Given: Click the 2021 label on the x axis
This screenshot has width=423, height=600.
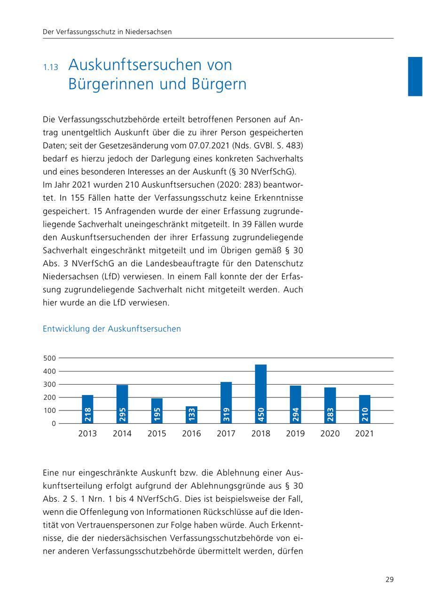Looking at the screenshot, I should pos(364,434).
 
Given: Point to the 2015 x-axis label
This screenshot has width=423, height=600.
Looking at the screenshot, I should pos(157,434).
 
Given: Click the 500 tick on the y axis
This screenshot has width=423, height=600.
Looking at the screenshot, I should pos(50,358).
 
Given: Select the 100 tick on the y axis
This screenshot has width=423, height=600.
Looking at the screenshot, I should pos(50,411).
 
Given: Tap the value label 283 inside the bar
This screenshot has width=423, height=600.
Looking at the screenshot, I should pos(330,414).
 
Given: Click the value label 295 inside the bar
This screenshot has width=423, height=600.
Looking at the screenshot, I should pos(122,414).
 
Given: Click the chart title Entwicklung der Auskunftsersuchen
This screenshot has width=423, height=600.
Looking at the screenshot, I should pos(111,329).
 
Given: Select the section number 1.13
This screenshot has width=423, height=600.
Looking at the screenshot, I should pos(50,67).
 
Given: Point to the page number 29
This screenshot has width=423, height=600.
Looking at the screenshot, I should pos(389,579).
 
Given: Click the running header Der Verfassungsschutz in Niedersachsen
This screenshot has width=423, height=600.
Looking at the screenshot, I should pos(107,32).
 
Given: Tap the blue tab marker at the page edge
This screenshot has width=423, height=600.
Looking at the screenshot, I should pos(415,76).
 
